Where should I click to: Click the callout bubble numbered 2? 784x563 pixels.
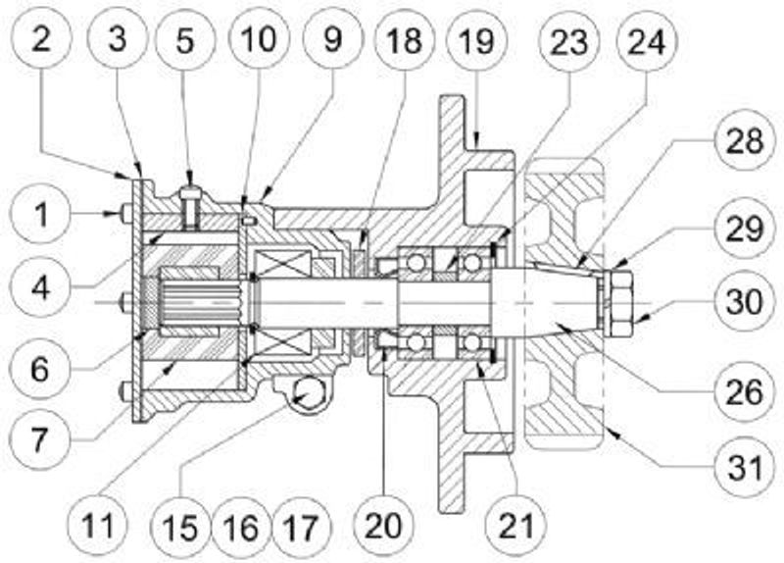point(41,38)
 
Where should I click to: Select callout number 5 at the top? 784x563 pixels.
point(185,39)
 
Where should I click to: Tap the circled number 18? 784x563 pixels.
point(404,39)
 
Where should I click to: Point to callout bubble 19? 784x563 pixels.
point(476,39)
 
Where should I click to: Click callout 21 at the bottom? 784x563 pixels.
point(516,526)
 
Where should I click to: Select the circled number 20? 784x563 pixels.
point(383,526)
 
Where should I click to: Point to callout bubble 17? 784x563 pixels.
point(302,528)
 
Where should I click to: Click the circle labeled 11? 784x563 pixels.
point(98,526)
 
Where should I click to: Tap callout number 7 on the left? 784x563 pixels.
point(40,439)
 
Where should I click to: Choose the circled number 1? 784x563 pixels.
point(41,214)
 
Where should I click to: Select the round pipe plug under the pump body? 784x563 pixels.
point(310,393)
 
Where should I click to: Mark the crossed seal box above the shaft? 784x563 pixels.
point(281,263)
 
